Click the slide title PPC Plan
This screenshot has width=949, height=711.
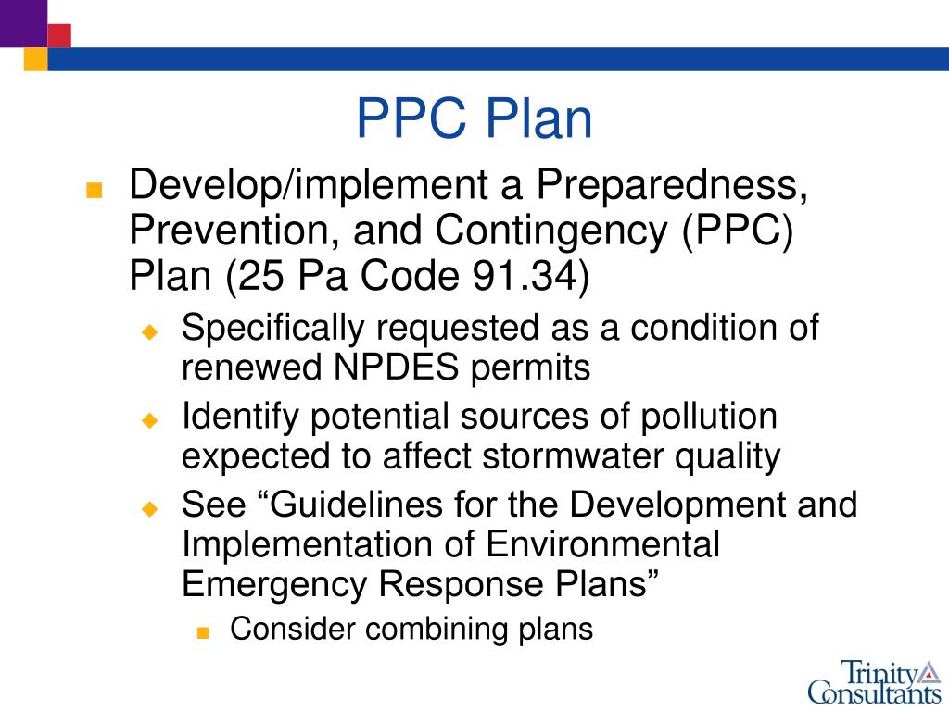[474, 120]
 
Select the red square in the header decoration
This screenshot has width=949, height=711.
[59, 35]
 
